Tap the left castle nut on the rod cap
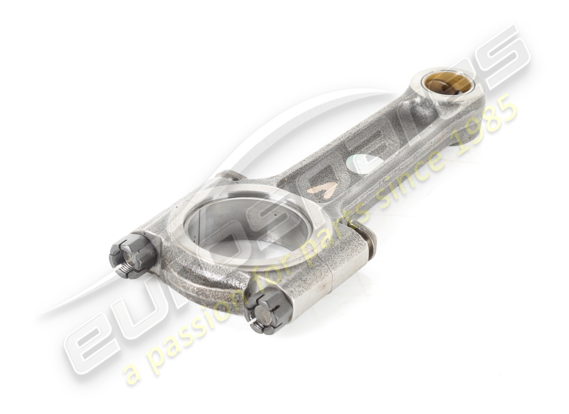pyautogui.click(x=132, y=256)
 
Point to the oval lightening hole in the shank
pyautogui.click(x=365, y=164)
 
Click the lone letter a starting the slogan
pyautogui.click(x=132, y=373)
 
